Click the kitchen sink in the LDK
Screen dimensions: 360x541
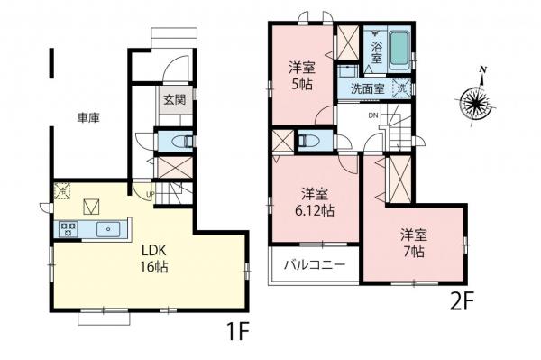pos(109,229)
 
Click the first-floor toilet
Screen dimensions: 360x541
pos(180,141)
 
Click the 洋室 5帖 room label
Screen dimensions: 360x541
pos(302,74)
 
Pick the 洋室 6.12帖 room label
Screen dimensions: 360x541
pos(316,201)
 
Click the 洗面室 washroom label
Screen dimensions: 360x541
pos(368,89)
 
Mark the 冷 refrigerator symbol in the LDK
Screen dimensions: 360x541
pos(61,189)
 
